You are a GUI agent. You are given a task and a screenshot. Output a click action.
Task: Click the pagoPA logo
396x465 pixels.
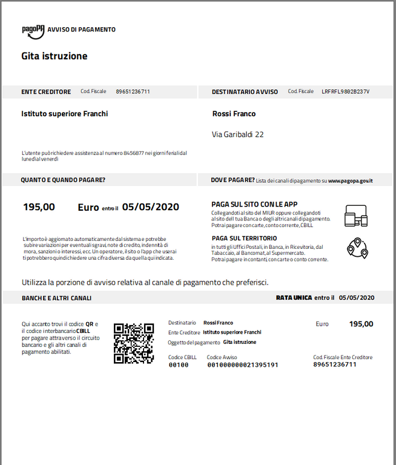pos(33,30)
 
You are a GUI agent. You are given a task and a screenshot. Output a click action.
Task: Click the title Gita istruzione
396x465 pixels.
pos(54,56)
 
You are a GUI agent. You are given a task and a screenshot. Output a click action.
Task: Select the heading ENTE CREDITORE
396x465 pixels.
pos(46,92)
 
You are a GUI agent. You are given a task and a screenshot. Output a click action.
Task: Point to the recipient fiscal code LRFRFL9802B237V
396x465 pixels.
pos(345,92)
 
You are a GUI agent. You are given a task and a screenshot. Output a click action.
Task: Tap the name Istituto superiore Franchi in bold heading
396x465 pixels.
pos(65,114)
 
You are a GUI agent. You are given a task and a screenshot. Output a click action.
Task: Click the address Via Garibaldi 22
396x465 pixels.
pos(238,134)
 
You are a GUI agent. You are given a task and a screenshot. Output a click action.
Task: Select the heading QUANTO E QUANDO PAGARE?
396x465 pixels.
pos(63,180)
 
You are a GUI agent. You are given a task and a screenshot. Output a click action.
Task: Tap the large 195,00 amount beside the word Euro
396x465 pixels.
pos(39,207)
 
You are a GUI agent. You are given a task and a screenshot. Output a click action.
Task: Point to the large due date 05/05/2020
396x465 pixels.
pos(151,207)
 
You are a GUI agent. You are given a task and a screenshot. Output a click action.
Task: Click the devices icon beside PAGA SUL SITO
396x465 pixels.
pos(356,215)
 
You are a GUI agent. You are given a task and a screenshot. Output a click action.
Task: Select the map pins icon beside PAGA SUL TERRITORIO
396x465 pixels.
pos(357,248)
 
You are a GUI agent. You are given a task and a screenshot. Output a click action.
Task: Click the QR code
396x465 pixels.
pos(134,343)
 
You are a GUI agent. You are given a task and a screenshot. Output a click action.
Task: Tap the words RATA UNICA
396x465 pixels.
pos(294,297)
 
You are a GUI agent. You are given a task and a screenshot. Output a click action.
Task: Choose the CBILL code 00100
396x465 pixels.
pos(179,365)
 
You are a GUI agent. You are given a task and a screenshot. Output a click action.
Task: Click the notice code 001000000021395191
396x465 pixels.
pos(243,365)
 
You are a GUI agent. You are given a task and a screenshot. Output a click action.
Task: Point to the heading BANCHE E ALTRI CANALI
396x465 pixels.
pos(56,298)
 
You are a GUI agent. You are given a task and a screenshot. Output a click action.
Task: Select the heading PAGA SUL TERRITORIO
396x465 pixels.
pos(244,239)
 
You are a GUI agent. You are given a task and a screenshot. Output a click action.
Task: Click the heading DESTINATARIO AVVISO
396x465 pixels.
pos(245,92)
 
